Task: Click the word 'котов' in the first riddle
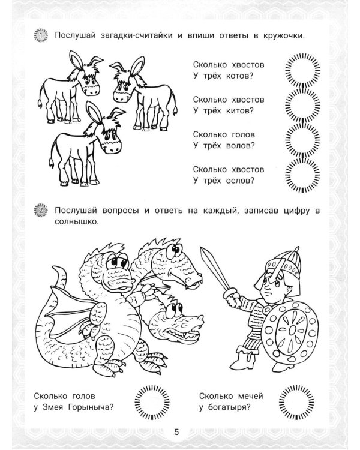[x=236, y=76]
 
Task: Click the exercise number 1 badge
[x=41, y=35]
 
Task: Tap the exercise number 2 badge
[x=41, y=211]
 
